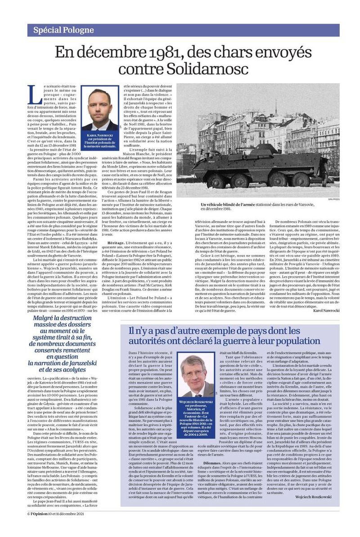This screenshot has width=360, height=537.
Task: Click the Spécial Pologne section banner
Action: (63, 31)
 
